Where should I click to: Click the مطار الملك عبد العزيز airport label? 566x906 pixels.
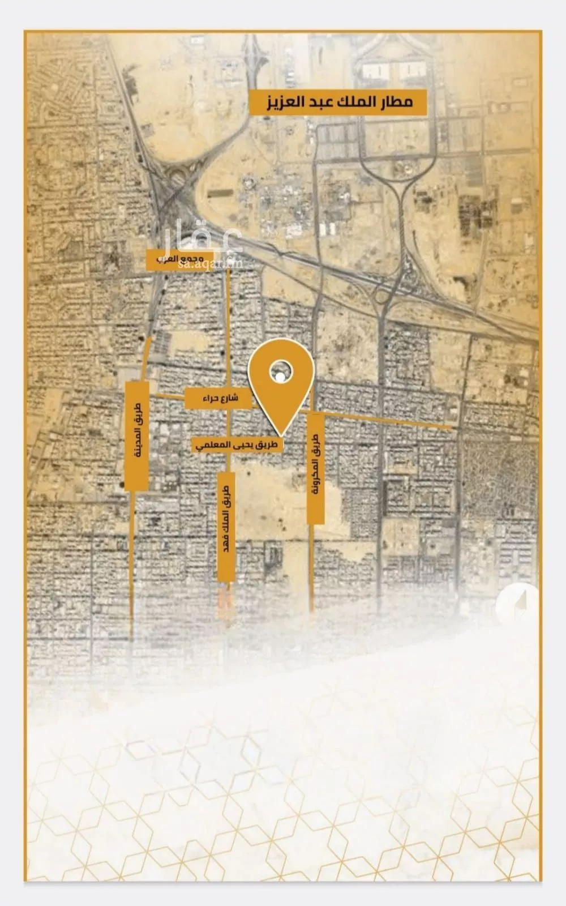pyautogui.click(x=338, y=103)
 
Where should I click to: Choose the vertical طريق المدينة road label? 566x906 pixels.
pyautogui.click(x=136, y=435)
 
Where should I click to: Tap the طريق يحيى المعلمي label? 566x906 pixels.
pyautogui.click(x=238, y=445)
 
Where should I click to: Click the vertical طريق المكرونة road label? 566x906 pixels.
pyautogui.click(x=315, y=468)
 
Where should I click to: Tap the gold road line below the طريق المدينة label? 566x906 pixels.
pyautogui.click(x=132, y=566)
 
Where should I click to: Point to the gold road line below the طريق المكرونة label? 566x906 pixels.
pyautogui.click(x=311, y=566)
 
